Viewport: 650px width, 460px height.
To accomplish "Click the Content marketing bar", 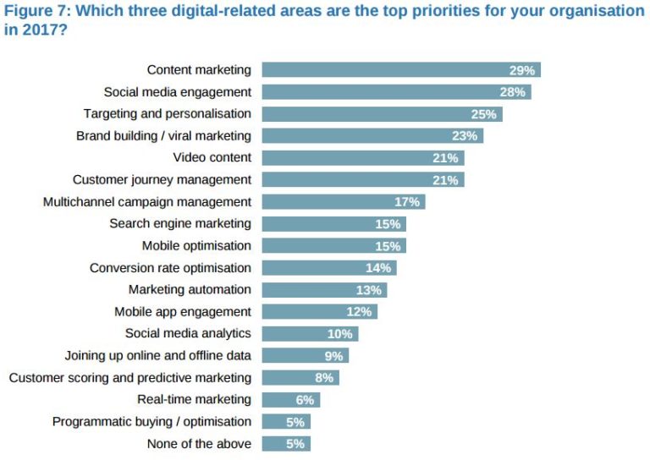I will pos(400,69).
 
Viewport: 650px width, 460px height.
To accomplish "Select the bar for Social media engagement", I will pos(396,91).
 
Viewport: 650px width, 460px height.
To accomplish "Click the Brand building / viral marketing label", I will pos(163,135).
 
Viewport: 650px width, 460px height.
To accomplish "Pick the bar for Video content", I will pos(362,157).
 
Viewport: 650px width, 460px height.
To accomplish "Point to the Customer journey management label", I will pos(162,179).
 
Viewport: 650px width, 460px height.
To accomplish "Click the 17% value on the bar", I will pos(407,201).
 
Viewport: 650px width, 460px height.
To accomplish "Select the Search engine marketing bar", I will pos(333,223).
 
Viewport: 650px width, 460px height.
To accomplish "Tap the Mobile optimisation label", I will pos(196,245).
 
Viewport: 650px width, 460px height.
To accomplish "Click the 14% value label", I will pos(378,267).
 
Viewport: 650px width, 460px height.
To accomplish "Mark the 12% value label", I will pos(360,311).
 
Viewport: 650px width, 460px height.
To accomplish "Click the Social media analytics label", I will pos(188,333).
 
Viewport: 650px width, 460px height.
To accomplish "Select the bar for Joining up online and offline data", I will pos(305,355).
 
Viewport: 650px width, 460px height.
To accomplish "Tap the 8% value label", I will pos(324,377).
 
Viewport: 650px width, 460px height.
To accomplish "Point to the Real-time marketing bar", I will pos(290,399).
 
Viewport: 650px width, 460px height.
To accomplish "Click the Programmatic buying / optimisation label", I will pos(151,421).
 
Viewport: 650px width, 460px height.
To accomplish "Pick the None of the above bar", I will pos(286,443).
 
